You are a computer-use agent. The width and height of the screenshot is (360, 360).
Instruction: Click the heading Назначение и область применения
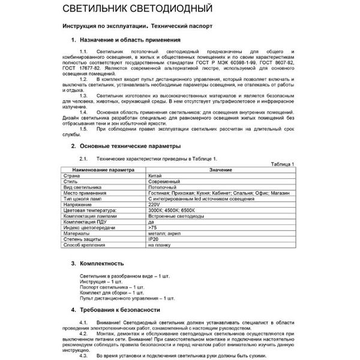[x=131, y=39]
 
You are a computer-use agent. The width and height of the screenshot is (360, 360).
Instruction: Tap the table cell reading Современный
[x=164, y=182]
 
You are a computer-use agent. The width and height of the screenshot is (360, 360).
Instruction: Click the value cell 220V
[x=154, y=205]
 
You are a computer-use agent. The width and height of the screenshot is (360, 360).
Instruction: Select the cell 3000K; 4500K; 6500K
[x=171, y=211]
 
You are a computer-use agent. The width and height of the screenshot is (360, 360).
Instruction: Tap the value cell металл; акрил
[x=163, y=233]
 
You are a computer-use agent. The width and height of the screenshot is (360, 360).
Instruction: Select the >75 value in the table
[x=152, y=227]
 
